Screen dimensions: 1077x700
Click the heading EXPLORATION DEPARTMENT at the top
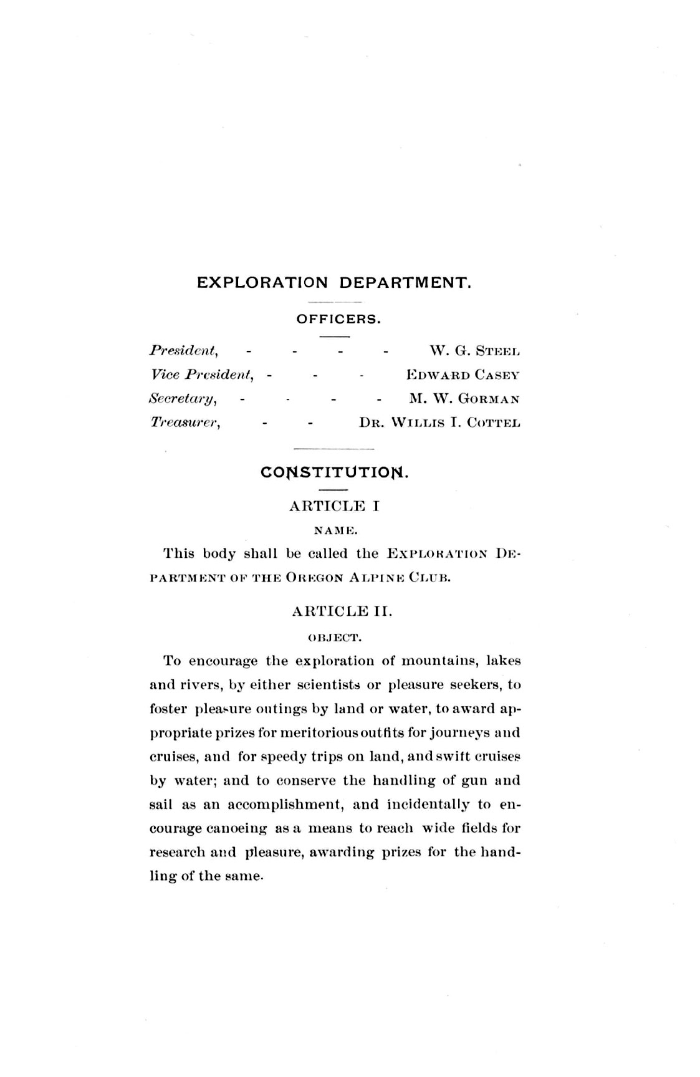click(334, 282)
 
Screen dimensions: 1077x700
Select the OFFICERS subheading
click(338, 319)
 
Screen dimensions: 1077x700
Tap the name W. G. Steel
click(474, 351)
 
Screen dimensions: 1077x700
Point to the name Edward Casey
click(463, 375)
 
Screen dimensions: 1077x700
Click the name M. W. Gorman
click(464, 398)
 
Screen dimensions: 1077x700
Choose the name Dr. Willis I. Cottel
click(439, 423)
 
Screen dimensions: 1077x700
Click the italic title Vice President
click(201, 375)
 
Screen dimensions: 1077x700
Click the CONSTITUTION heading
click(334, 472)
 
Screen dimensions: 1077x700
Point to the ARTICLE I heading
click(334, 505)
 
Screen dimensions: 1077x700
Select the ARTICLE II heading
click(342, 611)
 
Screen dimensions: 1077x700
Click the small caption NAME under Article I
click(335, 531)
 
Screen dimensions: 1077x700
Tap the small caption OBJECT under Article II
click(335, 638)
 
